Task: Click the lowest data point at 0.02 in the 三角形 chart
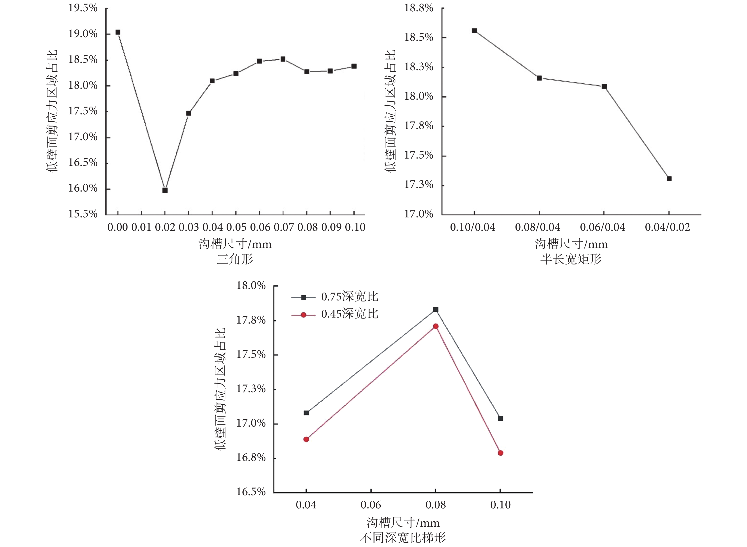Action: click(x=165, y=190)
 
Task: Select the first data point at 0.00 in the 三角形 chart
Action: click(x=118, y=32)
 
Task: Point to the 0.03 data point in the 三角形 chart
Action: click(x=189, y=113)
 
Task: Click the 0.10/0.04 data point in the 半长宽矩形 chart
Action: click(x=474, y=31)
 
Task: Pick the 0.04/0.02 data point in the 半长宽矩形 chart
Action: click(x=669, y=178)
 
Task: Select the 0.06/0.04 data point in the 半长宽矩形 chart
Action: click(x=604, y=87)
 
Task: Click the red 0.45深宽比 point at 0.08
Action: click(x=436, y=326)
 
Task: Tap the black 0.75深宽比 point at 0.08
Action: click(x=436, y=310)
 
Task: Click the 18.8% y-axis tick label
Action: click(x=419, y=8)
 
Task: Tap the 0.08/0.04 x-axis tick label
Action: click(x=538, y=227)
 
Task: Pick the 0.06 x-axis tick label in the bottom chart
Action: click(x=371, y=505)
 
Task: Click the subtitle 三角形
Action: click(x=235, y=259)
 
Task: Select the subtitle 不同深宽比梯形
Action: click(x=403, y=538)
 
